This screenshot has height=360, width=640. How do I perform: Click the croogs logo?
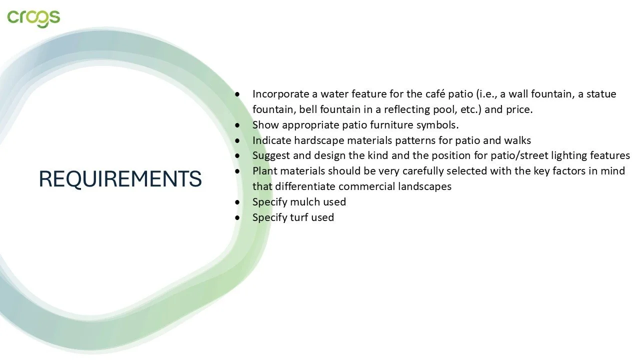point(33,17)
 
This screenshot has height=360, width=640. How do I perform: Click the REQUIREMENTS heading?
point(120,179)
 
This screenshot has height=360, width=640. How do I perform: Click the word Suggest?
point(269,155)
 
